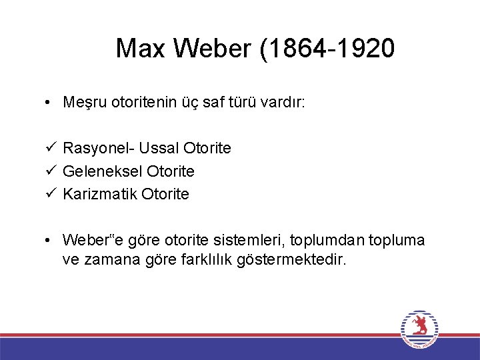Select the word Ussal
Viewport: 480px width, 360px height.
coord(159,148)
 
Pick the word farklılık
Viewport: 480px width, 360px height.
coord(202,259)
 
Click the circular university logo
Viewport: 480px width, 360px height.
coord(419,329)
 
